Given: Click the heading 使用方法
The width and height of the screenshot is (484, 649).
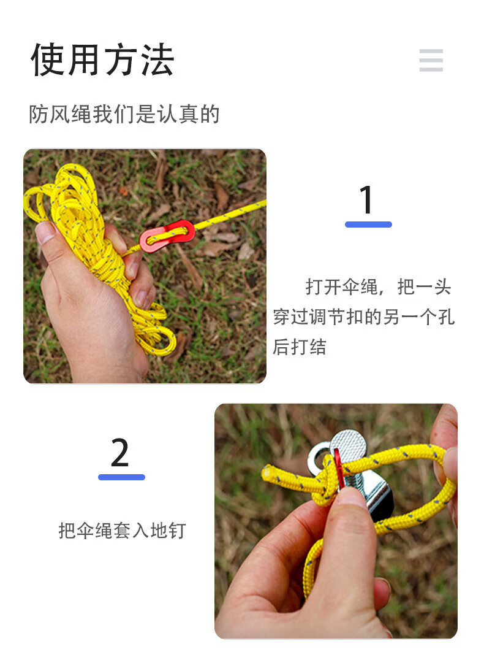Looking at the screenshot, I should click(x=102, y=60).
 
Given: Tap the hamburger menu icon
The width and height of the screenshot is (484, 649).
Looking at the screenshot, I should click(x=431, y=60).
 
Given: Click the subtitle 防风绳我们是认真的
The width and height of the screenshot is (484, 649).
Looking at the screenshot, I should click(x=124, y=114).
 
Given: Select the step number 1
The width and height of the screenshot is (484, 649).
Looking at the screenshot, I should click(x=366, y=200).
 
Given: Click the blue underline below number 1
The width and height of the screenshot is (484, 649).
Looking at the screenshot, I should click(x=368, y=225).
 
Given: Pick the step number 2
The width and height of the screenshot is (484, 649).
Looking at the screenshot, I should click(x=120, y=453).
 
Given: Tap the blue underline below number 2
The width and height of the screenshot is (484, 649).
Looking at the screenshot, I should click(x=121, y=477).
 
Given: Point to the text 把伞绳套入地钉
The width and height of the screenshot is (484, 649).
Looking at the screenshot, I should click(x=121, y=530).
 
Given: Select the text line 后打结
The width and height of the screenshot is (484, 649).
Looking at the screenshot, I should click(x=300, y=347).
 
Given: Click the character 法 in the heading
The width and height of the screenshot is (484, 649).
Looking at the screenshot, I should click(x=156, y=60).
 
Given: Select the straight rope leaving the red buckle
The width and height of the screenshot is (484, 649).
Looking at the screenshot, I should click(x=233, y=213).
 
